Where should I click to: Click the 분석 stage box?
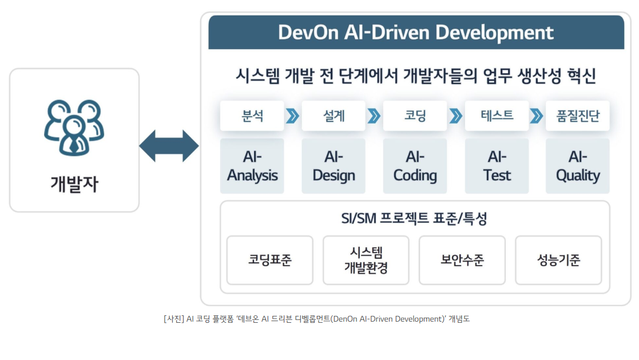click(x=252, y=116)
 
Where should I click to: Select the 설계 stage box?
click(x=334, y=116)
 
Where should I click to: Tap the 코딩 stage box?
click(x=415, y=116)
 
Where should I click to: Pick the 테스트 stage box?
click(x=497, y=116)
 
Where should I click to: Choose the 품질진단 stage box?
click(x=577, y=116)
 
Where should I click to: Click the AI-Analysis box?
click(x=252, y=166)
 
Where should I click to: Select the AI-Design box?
click(x=334, y=166)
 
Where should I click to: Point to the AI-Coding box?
click(x=415, y=166)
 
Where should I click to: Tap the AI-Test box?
click(x=497, y=166)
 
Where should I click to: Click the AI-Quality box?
click(x=577, y=166)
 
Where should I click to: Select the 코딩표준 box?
click(x=270, y=260)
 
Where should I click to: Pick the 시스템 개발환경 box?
click(x=366, y=260)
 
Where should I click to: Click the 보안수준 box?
click(x=462, y=260)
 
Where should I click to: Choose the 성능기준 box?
click(x=558, y=260)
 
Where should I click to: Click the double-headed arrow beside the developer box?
click(x=169, y=146)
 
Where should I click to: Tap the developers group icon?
click(x=74, y=128)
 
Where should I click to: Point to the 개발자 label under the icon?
click(x=74, y=184)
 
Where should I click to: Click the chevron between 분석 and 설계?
click(x=292, y=116)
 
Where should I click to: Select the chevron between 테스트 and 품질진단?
click(x=537, y=116)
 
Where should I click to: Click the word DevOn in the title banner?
click(x=308, y=33)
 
